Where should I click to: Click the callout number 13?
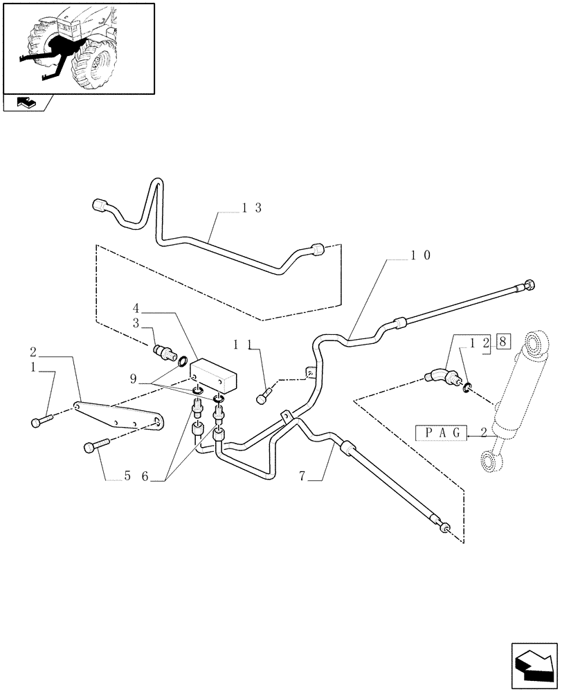251,208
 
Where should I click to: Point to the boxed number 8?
504,342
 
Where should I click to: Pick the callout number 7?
302,475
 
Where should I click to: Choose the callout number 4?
136,307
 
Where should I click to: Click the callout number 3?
136,322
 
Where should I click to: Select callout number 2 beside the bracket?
33,352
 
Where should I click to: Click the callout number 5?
127,476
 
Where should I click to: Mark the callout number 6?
145,476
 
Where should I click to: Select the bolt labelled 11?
262,398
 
